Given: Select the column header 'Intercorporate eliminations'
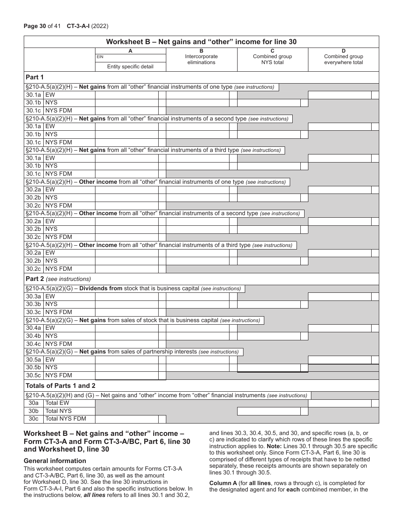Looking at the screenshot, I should [201, 59].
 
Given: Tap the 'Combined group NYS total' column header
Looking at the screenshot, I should [272, 59].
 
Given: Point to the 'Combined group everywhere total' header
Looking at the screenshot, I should [343, 59].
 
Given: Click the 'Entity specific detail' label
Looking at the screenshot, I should [130, 67].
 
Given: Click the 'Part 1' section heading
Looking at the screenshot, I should [35, 77].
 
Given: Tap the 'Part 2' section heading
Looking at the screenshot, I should [35, 279].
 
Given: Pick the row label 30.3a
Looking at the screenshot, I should [34, 297].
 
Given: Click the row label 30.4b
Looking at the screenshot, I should [34, 336].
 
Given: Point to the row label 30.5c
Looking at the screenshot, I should [34, 376].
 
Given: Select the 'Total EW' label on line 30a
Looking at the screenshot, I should [57, 403].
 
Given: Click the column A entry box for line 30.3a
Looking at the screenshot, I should [126, 297].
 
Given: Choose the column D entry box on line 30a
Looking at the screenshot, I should [339, 403].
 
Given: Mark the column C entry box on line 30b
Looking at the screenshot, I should [269, 411].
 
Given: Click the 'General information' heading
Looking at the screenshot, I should [55, 461].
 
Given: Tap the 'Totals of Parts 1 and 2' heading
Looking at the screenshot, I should [61, 386].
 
